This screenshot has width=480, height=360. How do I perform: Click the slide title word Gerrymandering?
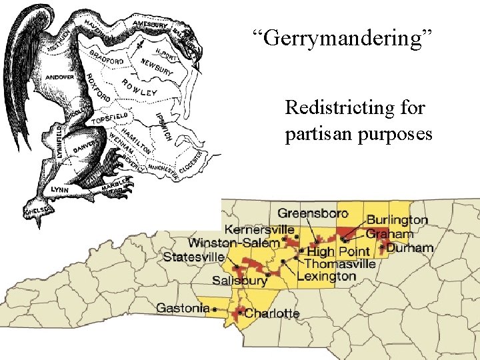[343, 38]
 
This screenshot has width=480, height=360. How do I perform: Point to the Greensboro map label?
[313, 214]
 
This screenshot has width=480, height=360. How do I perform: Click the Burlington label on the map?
[397, 219]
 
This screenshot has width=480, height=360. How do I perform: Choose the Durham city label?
[410, 248]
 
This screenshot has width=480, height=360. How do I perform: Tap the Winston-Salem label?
[234, 243]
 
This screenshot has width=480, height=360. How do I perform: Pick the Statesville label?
[193, 257]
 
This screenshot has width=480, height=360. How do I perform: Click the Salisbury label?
[239, 281]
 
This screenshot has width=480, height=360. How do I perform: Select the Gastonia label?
[183, 308]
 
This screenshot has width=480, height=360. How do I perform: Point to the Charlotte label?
[272, 313]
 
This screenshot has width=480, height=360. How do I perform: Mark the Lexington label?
[326, 276]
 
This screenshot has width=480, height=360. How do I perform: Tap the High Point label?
[338, 251]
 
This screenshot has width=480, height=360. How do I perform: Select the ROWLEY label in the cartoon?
[139, 87]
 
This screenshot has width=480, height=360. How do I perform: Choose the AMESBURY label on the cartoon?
[151, 25]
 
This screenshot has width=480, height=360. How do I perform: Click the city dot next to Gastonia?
[215, 309]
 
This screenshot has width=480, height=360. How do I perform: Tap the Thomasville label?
[340, 264]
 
